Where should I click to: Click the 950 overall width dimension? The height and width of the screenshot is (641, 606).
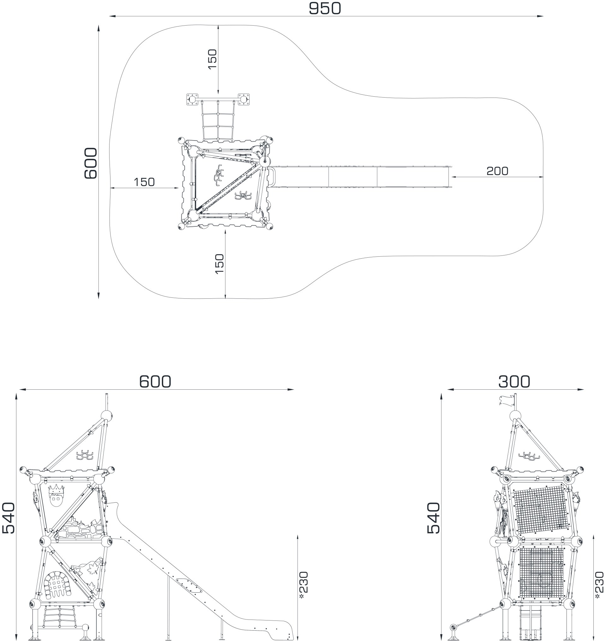[325, 9]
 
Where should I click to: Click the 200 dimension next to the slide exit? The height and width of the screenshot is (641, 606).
[497, 171]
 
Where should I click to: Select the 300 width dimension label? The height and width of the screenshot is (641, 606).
[514, 381]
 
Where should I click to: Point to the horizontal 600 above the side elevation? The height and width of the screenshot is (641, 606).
[155, 381]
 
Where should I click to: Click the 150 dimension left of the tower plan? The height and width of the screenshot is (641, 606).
[144, 182]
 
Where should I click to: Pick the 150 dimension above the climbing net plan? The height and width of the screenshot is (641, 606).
[212, 59]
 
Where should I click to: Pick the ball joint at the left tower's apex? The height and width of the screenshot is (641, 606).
[107, 416]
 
